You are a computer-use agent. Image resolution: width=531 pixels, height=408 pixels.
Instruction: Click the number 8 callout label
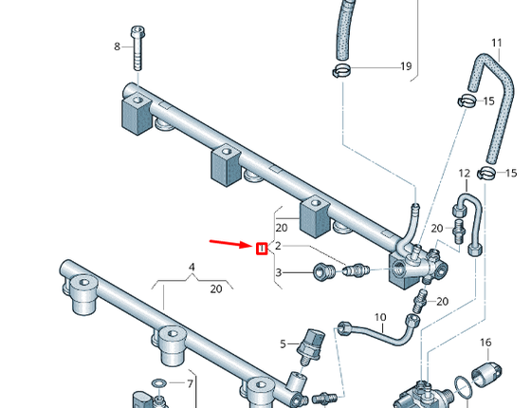point(117,46)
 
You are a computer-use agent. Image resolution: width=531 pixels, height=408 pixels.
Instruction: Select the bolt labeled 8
point(137,48)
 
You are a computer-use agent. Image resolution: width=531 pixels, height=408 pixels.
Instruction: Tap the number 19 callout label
point(406,66)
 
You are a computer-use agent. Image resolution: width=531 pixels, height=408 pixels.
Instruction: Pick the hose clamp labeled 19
point(340,71)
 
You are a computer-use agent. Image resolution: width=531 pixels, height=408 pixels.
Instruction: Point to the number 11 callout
point(497,43)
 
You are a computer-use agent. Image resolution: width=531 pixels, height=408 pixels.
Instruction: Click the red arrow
point(231,243)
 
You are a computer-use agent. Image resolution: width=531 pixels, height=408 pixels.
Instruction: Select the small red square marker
point(262,249)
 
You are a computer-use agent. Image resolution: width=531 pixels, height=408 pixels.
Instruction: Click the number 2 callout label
point(278,246)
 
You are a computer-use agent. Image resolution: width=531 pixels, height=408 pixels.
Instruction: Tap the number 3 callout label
point(279,272)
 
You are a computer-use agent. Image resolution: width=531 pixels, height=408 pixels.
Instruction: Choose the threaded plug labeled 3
point(324,271)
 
